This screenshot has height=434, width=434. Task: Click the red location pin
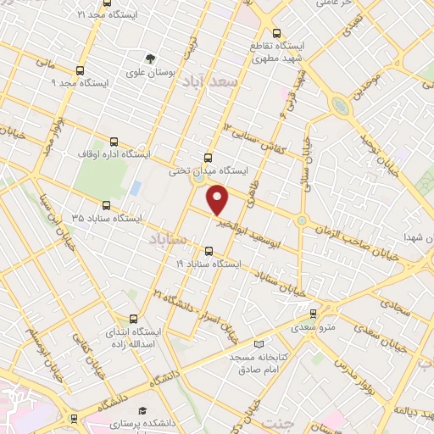click(x=219, y=201)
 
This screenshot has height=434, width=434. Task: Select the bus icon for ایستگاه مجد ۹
click(x=80, y=71)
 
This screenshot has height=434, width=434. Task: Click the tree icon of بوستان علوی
click(x=150, y=58)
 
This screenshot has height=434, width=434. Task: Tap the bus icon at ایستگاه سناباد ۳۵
click(x=106, y=204)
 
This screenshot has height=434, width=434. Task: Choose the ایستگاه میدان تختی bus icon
click(x=209, y=157)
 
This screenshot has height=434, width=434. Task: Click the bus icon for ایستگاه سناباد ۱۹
click(x=209, y=250)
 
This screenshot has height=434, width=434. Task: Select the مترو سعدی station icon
click(x=313, y=312)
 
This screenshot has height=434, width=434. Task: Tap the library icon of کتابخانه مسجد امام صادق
click(x=259, y=344)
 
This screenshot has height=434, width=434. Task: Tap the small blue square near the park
click(x=135, y=186)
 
